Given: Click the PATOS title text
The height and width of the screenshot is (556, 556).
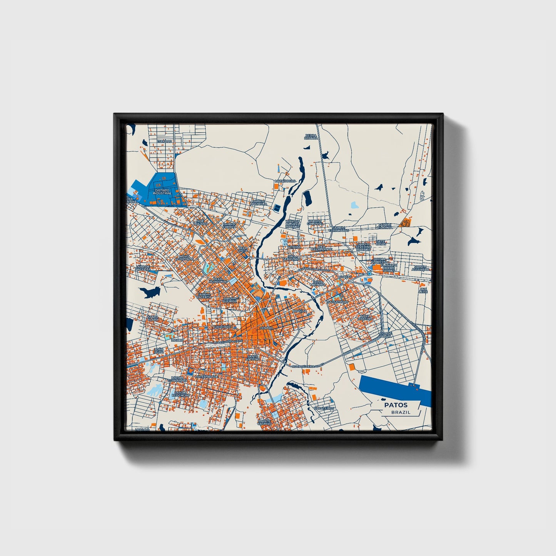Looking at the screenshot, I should (x=396, y=405).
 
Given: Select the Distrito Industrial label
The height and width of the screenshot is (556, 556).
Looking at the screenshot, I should (x=162, y=192).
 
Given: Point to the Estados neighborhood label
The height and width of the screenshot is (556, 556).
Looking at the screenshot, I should (x=164, y=142).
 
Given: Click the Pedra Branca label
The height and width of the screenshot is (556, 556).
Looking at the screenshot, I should (x=311, y=137).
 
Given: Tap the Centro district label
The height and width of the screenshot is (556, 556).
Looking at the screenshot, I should (x=266, y=328).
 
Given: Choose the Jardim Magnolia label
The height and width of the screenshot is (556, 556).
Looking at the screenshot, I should (x=259, y=202).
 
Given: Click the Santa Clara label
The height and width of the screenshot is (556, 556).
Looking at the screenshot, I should (x=153, y=318).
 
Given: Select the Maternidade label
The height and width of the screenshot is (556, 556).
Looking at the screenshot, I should (x=206, y=376).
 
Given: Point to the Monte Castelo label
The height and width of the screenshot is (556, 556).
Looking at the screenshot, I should (x=265, y=422).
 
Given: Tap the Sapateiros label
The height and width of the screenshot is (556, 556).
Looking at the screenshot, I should (x=324, y=408).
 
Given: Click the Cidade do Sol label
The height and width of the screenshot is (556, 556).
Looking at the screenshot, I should (x=386, y=334).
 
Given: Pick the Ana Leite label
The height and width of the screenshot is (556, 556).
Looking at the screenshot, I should (x=423, y=290).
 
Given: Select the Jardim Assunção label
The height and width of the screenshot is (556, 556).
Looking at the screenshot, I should (x=420, y=268).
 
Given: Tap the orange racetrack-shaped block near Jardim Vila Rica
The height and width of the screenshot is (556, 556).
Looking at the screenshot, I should (x=406, y=222).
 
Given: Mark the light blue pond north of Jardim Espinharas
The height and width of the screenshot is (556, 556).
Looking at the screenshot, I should (x=354, y=205).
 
